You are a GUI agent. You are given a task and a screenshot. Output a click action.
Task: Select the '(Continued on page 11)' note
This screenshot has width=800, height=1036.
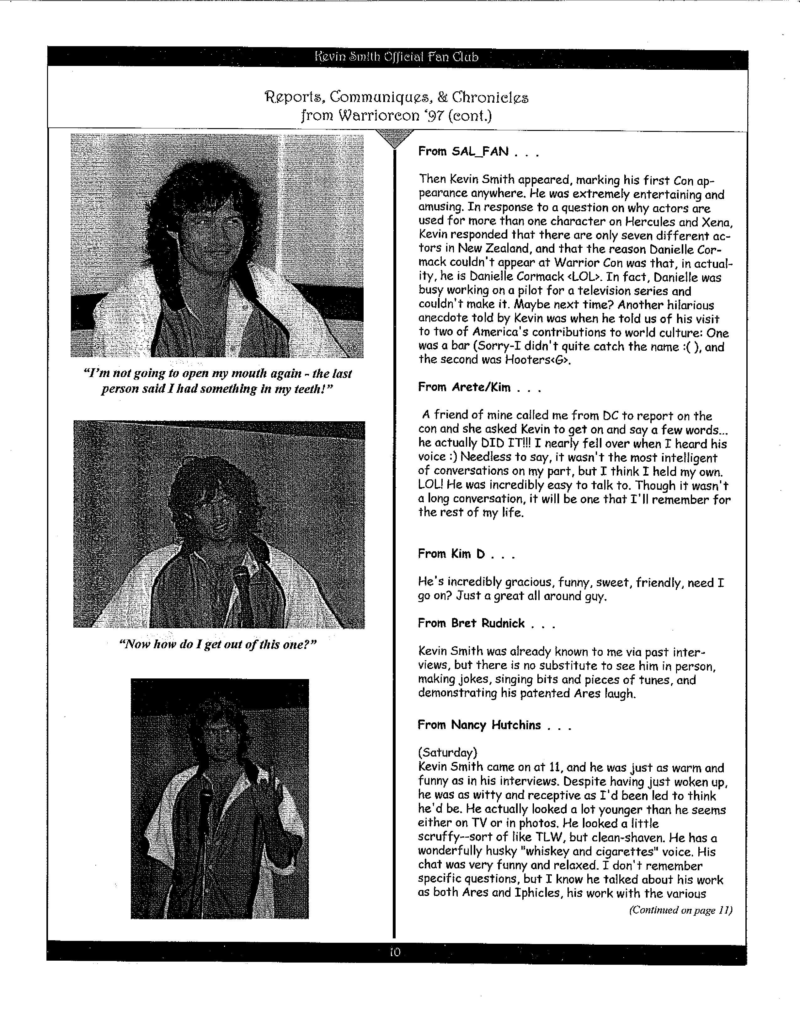coord(680,910)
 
